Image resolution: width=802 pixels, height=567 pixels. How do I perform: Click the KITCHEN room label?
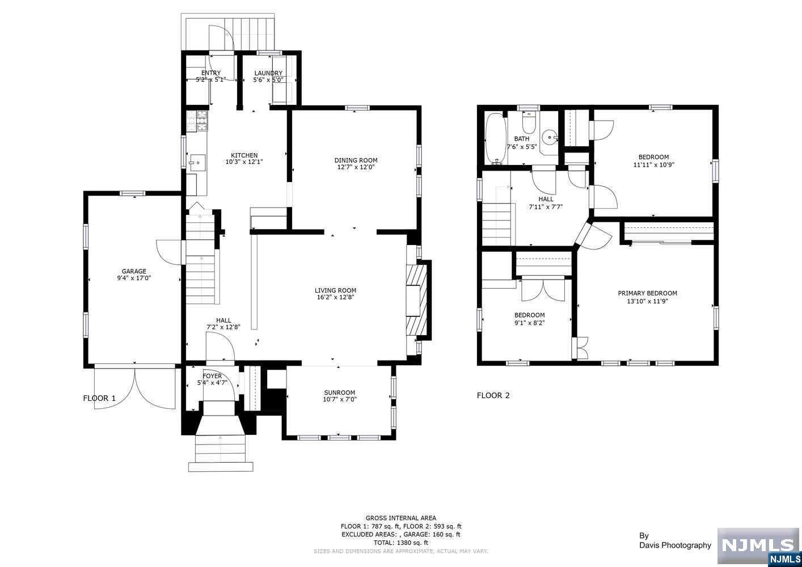coord(244,155)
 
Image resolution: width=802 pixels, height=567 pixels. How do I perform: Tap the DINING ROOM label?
coord(356,160)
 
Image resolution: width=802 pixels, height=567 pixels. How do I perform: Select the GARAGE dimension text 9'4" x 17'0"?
coord(134,278)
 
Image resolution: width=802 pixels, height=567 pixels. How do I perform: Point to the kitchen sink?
coord(197,164)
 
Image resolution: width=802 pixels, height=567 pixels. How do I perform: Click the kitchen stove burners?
coord(202,120)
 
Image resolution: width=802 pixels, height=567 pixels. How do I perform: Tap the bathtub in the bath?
coord(496,138)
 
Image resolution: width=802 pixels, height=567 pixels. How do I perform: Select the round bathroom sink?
coord(550,137)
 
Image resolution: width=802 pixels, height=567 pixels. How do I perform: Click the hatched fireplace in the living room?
coord(418,300)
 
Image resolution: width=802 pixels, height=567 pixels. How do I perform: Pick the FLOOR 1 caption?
coord(99,398)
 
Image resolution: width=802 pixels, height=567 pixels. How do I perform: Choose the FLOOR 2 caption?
coord(493,395)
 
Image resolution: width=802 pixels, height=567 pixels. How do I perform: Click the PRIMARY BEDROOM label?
coord(647,293)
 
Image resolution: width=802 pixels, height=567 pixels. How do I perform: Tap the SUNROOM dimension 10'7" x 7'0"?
coord(340,399)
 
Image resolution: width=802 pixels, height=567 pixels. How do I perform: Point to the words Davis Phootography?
coord(676,545)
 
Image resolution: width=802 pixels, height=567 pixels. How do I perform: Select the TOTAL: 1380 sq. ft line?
coord(401,543)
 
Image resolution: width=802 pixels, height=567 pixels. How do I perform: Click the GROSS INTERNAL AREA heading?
coord(401,518)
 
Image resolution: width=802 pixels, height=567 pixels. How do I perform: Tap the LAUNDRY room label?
coord(268,73)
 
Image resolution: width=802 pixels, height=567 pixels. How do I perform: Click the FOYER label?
coord(212,376)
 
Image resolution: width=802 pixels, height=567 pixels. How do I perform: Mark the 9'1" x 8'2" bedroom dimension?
coord(530,323)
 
